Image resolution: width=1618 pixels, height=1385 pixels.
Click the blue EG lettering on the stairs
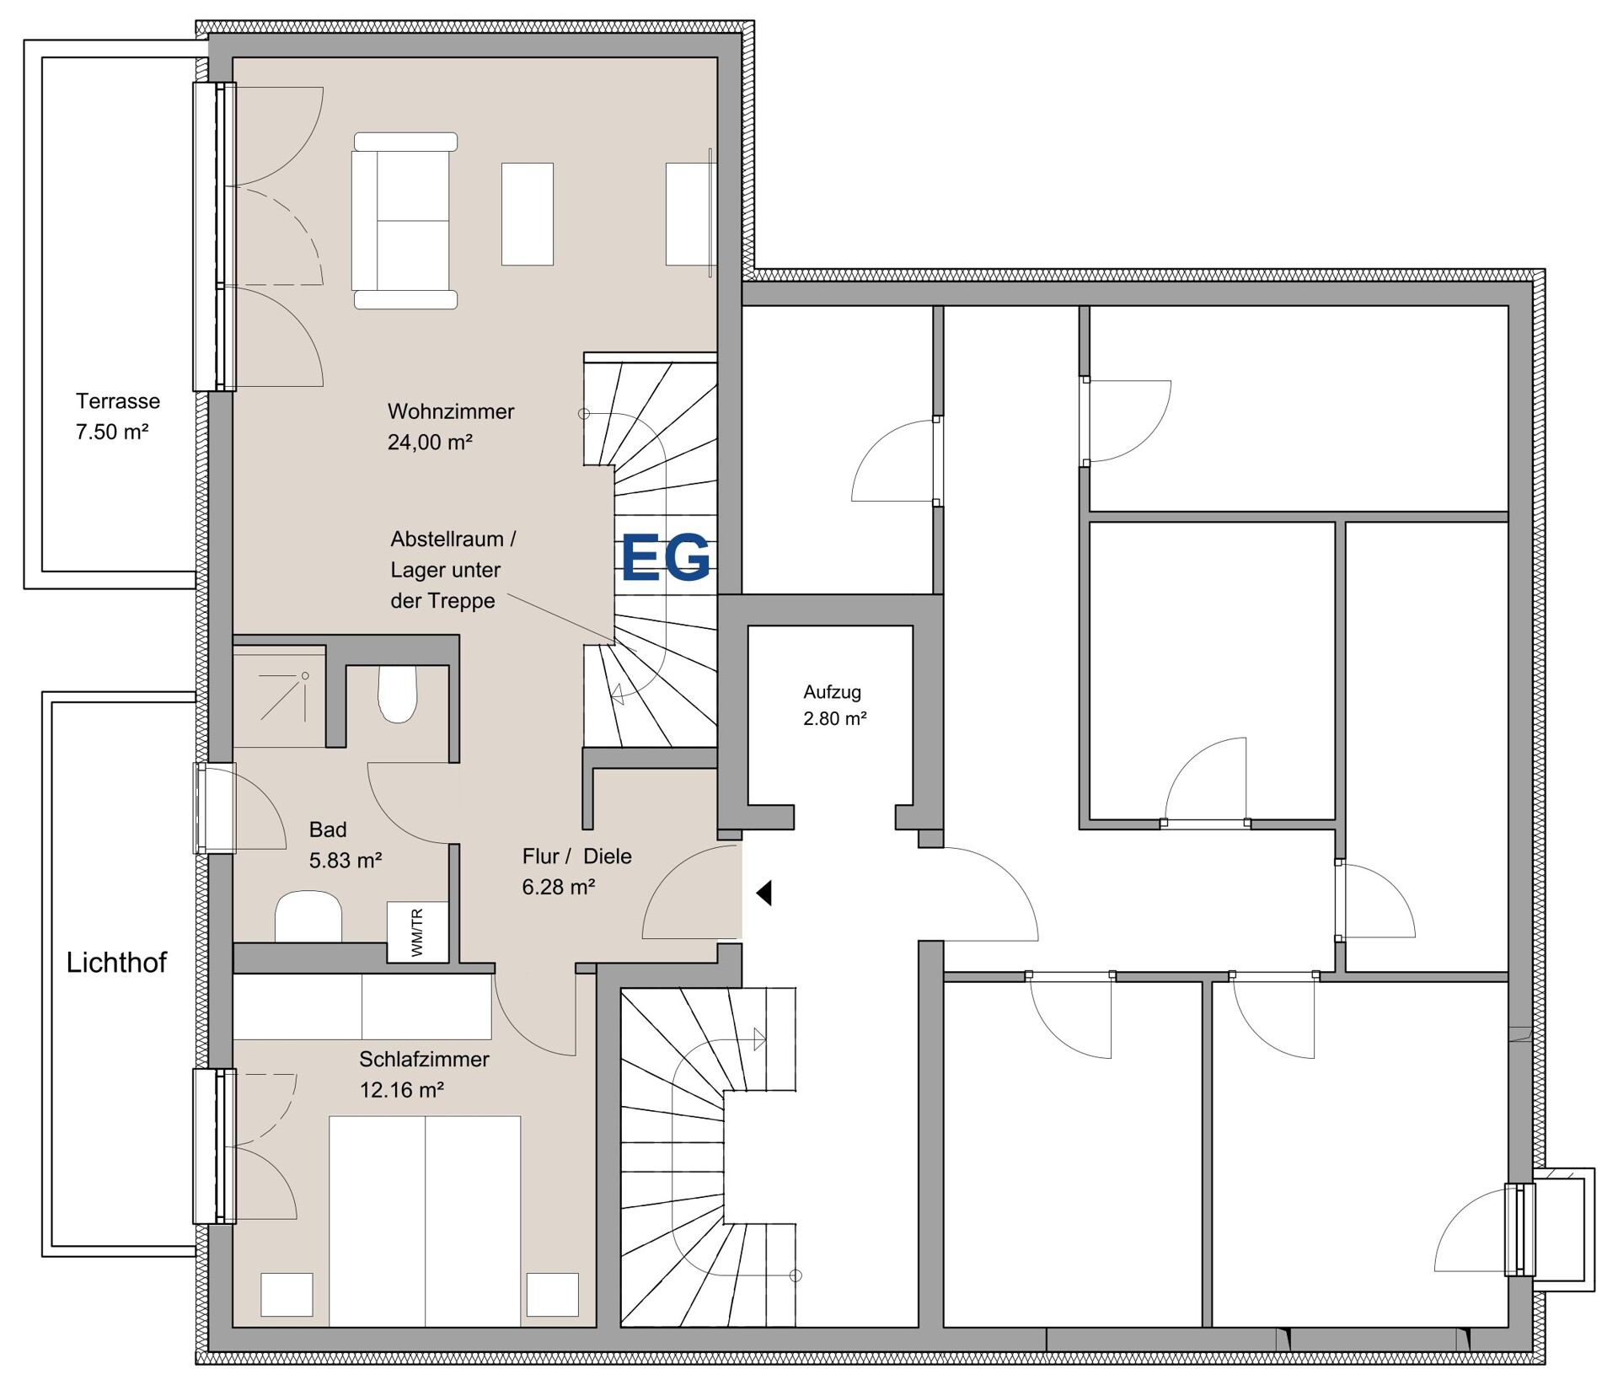coord(666,557)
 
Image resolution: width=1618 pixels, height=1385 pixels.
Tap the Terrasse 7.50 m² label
coord(117,416)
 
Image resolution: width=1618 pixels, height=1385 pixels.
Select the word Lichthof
coord(116,963)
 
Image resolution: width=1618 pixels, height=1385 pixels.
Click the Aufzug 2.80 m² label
coord(834,705)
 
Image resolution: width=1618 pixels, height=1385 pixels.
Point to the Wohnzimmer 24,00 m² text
coord(450,427)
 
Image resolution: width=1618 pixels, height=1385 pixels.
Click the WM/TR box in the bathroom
coord(417,931)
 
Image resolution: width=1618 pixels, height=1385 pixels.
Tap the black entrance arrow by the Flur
coord(763,893)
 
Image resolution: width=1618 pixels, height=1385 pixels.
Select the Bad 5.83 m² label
coord(346,845)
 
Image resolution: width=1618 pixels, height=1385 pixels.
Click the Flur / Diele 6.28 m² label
coord(576,872)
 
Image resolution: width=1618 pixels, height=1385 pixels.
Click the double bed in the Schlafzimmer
coord(425,1221)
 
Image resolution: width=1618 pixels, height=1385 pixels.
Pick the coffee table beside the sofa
coord(528,214)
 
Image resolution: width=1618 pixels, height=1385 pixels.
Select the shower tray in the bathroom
coord(280,696)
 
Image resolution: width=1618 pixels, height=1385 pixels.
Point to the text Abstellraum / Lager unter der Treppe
coord(453,570)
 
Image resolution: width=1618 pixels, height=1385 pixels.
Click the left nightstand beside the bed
coord(287,1294)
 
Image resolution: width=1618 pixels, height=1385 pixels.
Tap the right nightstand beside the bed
coord(553,1294)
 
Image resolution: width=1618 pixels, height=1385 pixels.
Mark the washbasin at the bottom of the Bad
coord(308,917)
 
